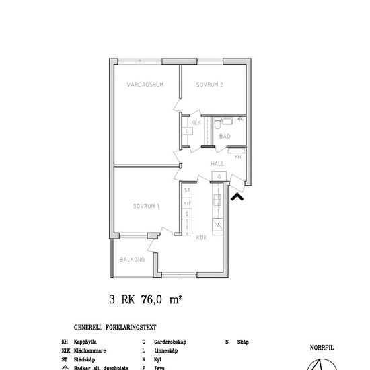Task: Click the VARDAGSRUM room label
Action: click(x=145, y=85)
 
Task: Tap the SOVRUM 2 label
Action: click(x=209, y=85)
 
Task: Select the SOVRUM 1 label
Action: click(x=145, y=205)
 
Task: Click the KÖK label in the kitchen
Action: click(x=201, y=237)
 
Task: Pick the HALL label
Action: click(x=217, y=164)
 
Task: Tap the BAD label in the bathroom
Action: click(x=225, y=137)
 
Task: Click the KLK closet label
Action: click(x=196, y=123)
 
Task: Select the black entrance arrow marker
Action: click(x=236, y=196)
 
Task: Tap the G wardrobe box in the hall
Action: click(x=218, y=177)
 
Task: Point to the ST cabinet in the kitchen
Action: click(x=188, y=191)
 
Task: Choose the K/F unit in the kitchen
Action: click(x=188, y=202)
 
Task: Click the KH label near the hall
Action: click(x=238, y=157)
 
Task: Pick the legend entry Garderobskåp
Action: click(x=169, y=342)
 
